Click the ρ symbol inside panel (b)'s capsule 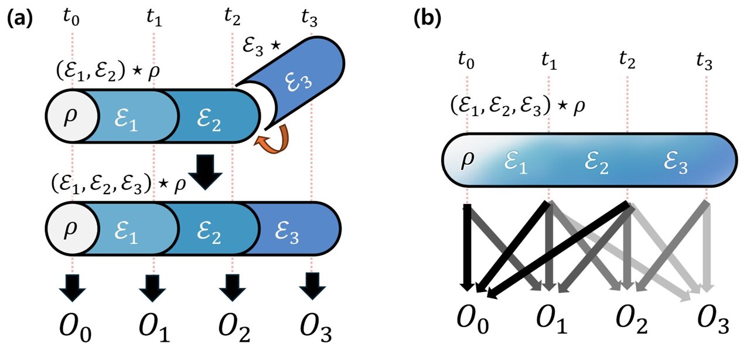[x=467, y=159]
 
